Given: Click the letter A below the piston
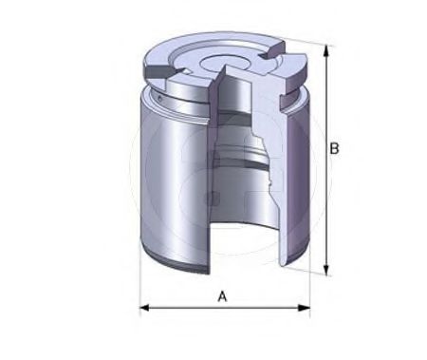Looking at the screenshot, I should coord(223,296).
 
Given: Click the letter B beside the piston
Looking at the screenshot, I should coord(334,148).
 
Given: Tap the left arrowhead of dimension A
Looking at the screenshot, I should coord(144,308).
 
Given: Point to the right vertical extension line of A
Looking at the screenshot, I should coord(309,285).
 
